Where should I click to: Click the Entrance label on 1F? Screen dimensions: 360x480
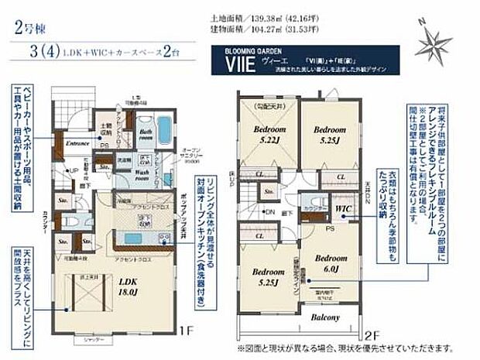pos(78,145)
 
